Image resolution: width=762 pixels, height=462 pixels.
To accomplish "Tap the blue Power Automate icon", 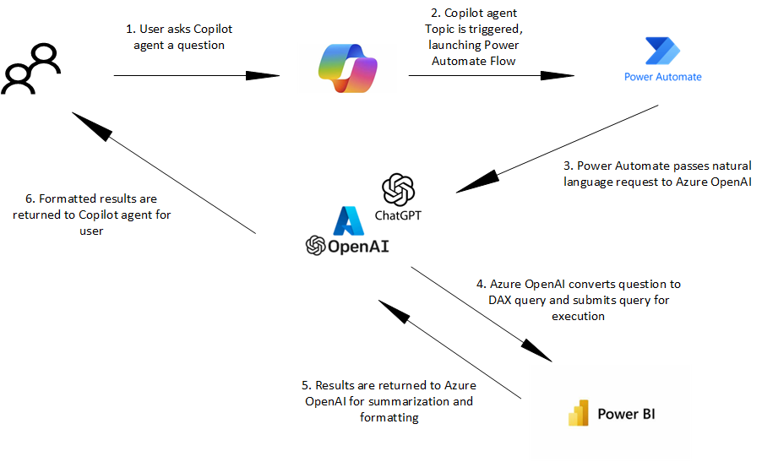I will (662, 52).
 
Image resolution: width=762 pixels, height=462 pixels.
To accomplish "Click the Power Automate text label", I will (662, 77).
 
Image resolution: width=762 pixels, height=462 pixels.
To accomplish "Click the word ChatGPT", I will (398, 215).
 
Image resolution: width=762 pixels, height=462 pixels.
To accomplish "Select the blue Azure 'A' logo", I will (349, 220).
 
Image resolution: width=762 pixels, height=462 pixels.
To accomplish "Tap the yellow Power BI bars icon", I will (578, 414).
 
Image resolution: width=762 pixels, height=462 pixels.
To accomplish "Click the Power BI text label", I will (626, 414).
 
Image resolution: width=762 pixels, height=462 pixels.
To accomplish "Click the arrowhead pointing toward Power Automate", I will (559, 76).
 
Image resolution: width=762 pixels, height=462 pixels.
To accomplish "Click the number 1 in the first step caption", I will (130, 30).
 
